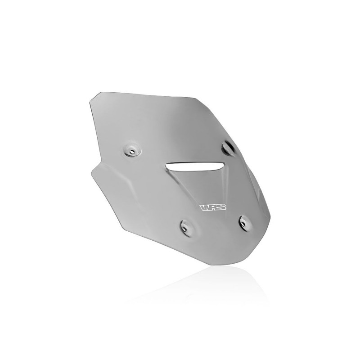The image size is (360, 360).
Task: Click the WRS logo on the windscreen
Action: pos(213,207)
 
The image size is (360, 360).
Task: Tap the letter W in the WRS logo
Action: pos(205,208)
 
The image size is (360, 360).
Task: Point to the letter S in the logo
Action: pos(221,207)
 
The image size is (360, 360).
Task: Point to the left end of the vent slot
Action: pos(166,165)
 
